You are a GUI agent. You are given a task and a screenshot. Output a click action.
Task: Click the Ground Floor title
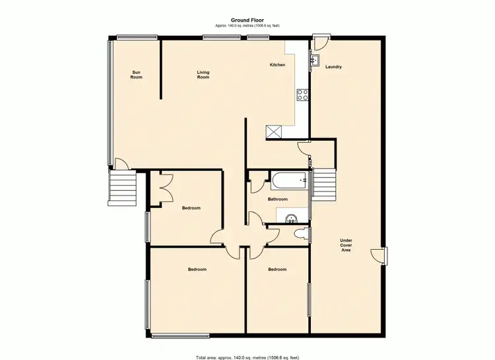tap(247, 20)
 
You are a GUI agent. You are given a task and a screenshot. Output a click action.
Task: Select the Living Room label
tap(203, 75)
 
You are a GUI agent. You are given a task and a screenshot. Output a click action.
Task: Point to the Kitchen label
tap(277, 65)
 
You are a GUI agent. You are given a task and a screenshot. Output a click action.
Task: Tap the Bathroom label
tap(277, 199)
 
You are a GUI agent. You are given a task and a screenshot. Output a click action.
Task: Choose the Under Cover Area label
tap(346, 244)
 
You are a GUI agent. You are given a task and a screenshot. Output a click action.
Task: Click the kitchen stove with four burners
tap(304, 94)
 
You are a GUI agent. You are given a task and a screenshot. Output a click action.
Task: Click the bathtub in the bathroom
tap(289, 179)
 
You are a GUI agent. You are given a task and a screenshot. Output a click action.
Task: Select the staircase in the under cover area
tap(323, 186)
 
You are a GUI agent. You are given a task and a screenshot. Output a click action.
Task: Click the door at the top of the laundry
tap(321, 43)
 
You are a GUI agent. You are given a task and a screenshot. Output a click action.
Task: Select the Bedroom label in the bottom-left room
tap(197, 269)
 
